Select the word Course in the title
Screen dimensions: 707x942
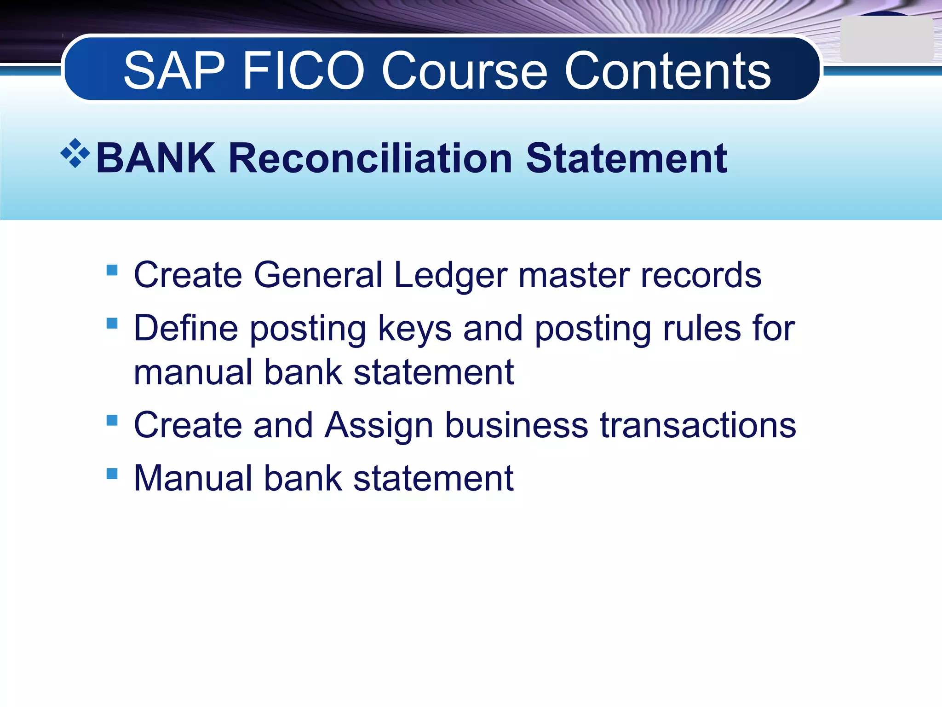coord(465,71)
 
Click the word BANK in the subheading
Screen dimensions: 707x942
coord(155,158)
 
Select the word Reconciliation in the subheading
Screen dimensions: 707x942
coord(370,158)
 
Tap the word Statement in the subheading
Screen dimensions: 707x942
coord(626,158)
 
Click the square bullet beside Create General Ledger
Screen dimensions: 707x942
coord(112,269)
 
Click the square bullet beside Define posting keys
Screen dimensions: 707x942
coord(112,323)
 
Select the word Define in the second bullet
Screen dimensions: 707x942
coord(186,329)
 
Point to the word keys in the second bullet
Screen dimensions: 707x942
coord(415,329)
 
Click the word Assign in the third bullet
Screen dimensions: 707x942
coord(379,425)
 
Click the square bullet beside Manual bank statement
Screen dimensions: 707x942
coord(112,473)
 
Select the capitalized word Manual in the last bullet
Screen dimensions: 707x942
coord(193,479)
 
